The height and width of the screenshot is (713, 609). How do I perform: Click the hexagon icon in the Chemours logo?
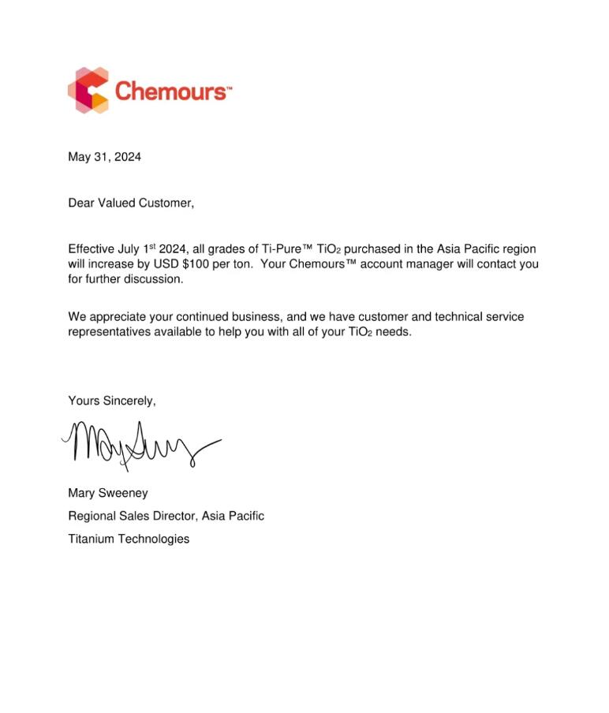pos(88,90)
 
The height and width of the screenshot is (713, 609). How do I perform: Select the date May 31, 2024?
pos(105,157)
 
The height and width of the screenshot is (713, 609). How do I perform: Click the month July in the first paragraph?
pos(133,248)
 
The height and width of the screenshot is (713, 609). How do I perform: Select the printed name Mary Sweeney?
pos(108,493)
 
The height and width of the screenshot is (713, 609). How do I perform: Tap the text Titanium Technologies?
pos(129,539)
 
